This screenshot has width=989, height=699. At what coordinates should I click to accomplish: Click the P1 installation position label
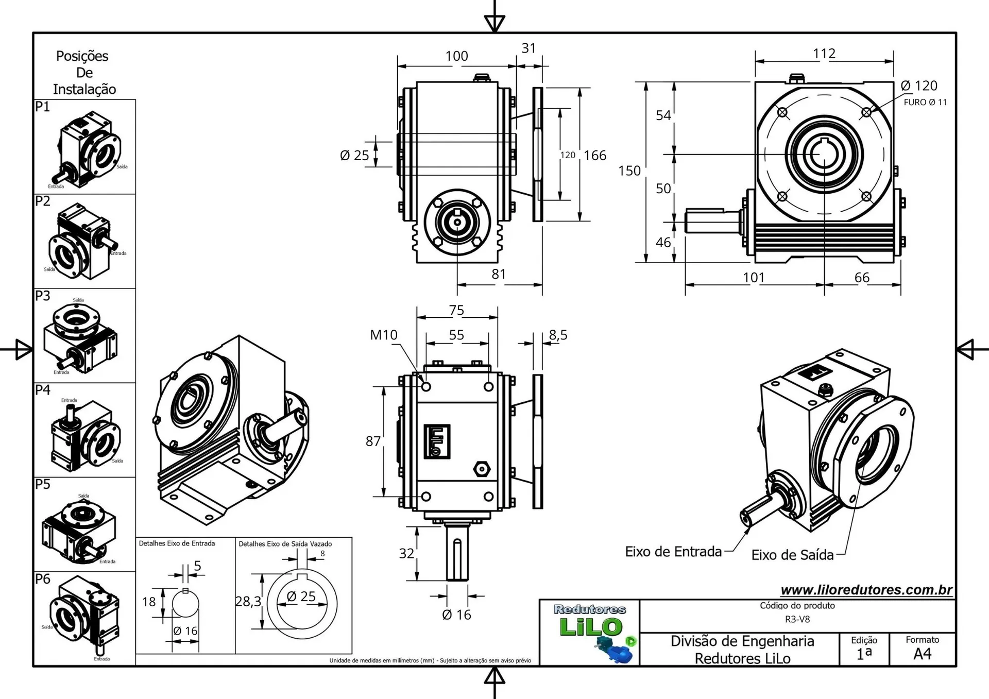(43, 107)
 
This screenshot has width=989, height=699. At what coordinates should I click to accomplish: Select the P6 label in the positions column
(43, 579)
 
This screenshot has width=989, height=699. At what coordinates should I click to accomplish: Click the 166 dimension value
(595, 156)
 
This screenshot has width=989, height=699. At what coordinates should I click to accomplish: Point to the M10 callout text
(384, 335)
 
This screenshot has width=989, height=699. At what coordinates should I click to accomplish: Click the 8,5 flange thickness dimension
(558, 335)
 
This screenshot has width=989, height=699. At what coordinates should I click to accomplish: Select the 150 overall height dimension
(629, 171)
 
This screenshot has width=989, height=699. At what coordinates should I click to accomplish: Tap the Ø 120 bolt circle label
(919, 86)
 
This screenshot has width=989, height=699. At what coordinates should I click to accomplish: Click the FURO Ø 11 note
(925, 102)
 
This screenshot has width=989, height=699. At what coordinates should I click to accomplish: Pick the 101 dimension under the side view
(754, 278)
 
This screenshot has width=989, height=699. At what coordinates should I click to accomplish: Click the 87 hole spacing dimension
(373, 441)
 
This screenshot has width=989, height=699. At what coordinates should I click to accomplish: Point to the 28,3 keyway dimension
(248, 601)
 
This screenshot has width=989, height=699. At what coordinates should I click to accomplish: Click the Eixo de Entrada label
(673, 552)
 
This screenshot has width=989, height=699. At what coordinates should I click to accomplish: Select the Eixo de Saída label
(792, 555)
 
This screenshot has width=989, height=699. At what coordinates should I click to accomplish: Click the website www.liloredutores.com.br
(866, 590)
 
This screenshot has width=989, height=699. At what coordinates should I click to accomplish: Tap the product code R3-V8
(797, 619)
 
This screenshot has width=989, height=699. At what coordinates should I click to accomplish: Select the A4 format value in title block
(922, 654)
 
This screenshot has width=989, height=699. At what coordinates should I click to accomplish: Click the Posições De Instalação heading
(84, 73)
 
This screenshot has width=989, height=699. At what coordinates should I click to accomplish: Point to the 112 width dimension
(824, 54)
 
